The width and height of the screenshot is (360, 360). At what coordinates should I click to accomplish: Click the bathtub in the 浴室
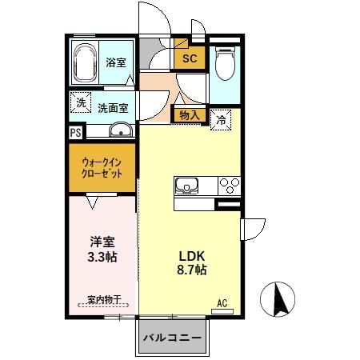point(85,62)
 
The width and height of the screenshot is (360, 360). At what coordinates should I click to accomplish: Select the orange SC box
point(190,58)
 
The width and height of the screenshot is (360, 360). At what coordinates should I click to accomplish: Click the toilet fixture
point(225,62)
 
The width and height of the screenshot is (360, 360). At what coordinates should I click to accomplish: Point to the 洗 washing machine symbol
point(80,102)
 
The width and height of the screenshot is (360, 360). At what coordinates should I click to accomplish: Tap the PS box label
point(75,133)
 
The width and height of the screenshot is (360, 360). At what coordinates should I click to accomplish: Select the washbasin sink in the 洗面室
point(120,132)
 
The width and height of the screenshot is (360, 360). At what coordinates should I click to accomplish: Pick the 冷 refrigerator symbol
point(221,121)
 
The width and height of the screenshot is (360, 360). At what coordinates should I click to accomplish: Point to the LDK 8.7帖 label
point(192,263)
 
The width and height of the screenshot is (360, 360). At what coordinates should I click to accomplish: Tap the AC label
point(222,303)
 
